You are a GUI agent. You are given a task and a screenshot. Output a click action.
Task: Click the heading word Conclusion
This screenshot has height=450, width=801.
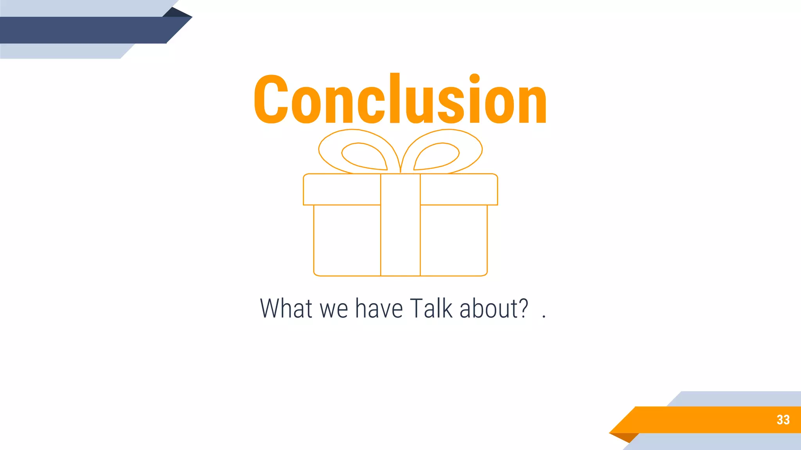click(400, 100)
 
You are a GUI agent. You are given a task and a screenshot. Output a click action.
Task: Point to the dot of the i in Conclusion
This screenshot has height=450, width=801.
click(474, 79)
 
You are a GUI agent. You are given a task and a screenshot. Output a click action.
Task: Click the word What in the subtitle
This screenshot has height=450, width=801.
click(286, 309)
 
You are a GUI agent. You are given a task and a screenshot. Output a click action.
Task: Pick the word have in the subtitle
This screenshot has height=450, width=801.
click(379, 309)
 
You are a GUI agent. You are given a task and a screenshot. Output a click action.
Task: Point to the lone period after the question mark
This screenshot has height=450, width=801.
click(544, 317)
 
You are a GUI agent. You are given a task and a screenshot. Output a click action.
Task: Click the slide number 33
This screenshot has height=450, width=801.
click(783, 420)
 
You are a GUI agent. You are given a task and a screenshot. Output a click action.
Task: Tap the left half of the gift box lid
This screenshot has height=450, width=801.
click(342, 189)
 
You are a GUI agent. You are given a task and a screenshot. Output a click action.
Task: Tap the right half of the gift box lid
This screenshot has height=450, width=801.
click(459, 189)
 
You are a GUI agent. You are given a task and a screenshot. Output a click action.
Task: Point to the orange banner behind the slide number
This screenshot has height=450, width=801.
click(704, 420)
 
